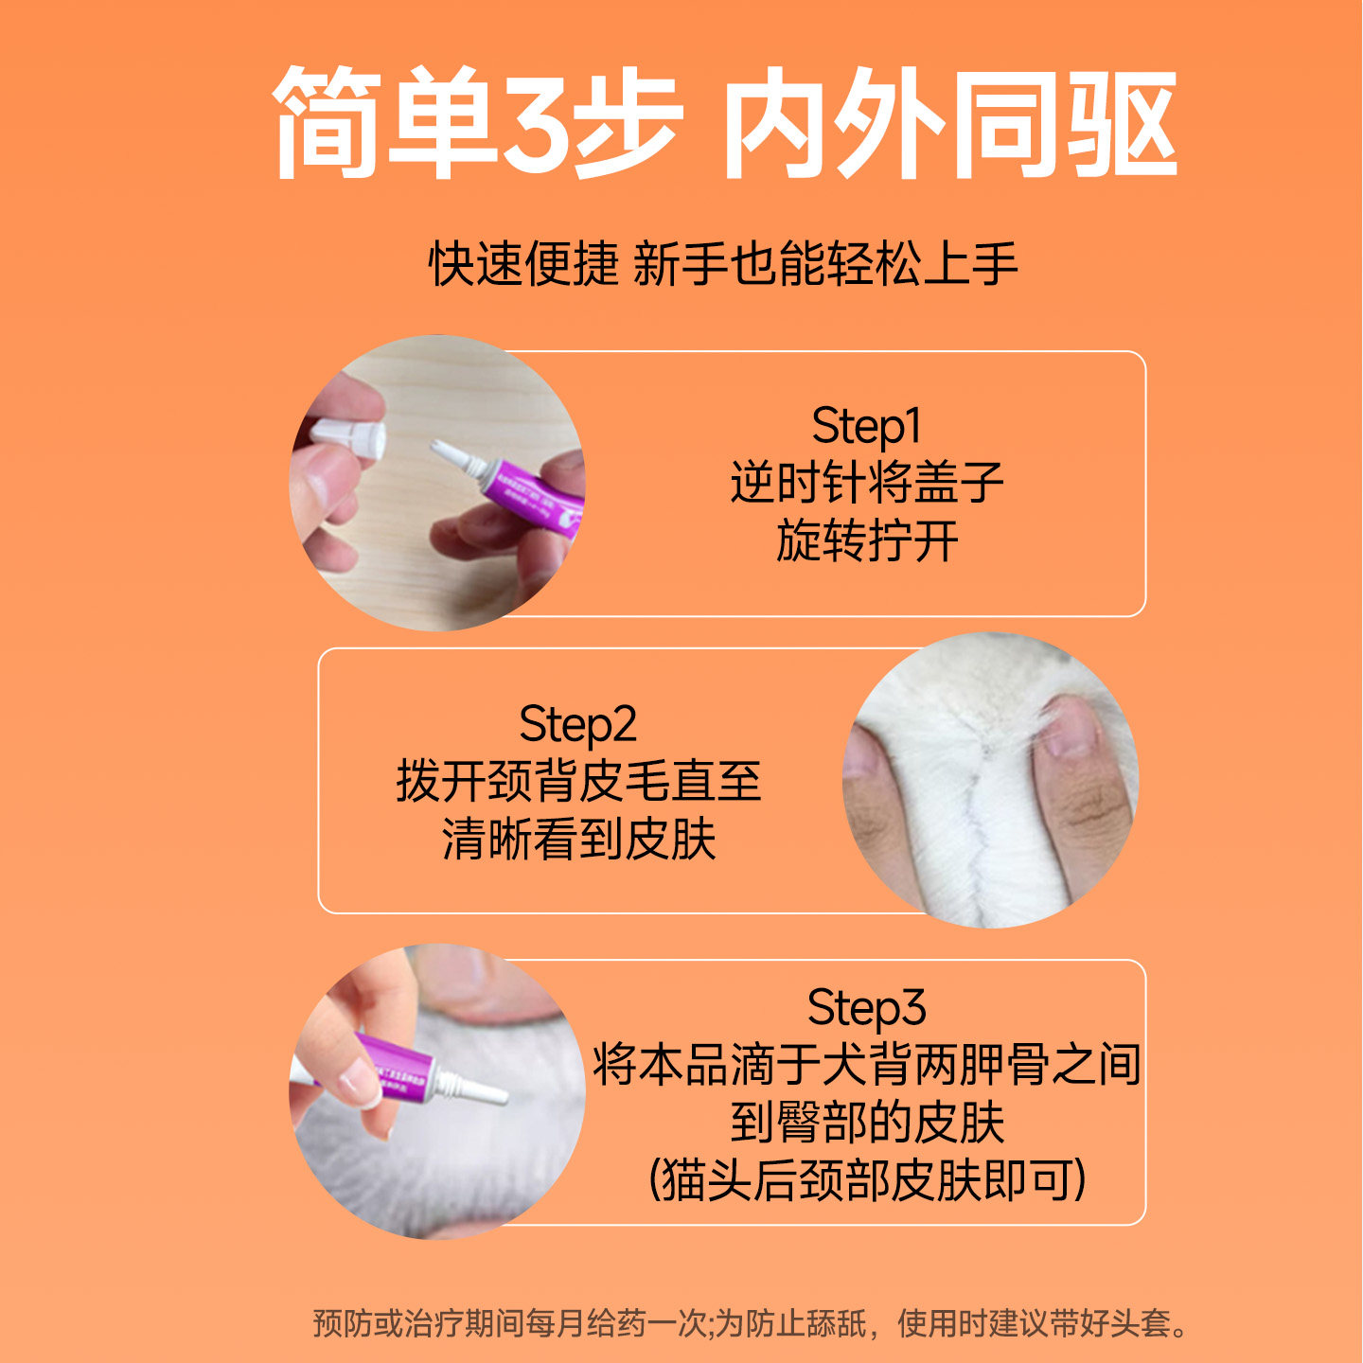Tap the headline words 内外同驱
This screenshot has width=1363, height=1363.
point(949,123)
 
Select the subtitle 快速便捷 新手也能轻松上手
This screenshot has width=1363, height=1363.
point(723,263)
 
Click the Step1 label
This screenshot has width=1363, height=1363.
point(866,426)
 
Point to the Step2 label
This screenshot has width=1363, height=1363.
point(577,724)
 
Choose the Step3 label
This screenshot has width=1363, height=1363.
point(866,1007)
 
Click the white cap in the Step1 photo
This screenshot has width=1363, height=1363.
point(350,438)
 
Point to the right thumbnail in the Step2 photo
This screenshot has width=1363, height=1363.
point(1070,729)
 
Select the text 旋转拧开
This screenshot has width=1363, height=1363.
point(866,541)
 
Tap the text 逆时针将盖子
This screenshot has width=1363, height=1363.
point(866,483)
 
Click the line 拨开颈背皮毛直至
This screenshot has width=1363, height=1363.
point(577,782)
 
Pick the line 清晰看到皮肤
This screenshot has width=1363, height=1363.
point(577,840)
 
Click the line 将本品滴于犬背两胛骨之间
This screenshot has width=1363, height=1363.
point(866,1065)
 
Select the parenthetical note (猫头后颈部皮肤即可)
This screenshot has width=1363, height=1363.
point(866,1180)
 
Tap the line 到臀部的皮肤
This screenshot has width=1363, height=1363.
point(866,1123)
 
